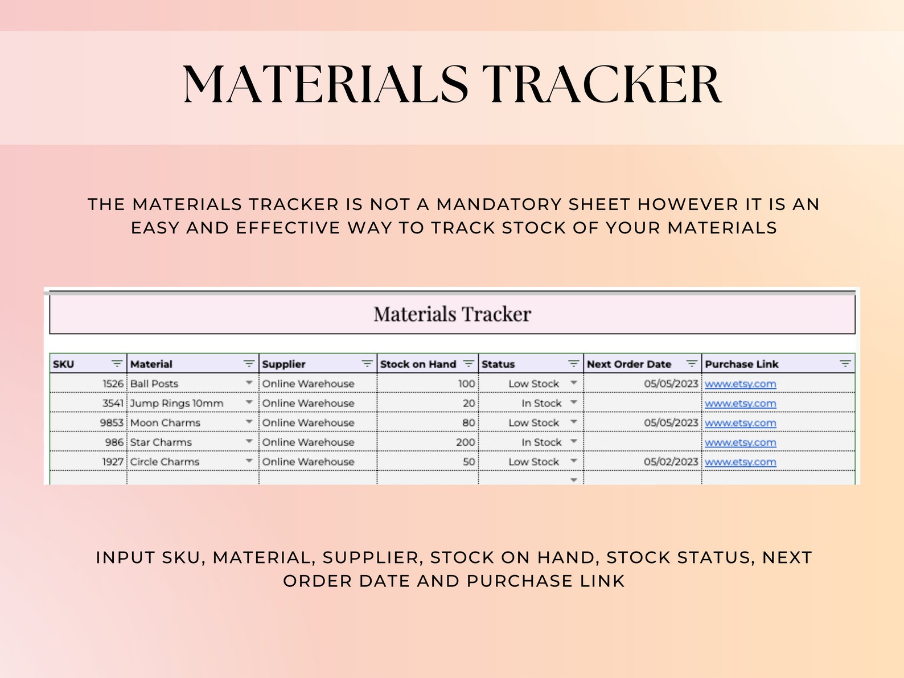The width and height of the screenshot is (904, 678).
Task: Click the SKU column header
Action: point(64,364)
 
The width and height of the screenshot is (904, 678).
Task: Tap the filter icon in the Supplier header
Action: point(367,364)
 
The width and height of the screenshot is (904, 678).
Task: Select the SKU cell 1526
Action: point(113,384)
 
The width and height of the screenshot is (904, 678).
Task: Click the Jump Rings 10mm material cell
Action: point(176,403)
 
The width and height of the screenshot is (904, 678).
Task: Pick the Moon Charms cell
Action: point(165,423)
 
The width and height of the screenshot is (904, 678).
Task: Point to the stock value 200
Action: point(465,442)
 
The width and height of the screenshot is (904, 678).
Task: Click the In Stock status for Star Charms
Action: point(541,442)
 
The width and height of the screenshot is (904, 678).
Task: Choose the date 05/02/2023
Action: point(671,462)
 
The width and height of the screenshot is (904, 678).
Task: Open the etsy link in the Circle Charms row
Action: point(740,462)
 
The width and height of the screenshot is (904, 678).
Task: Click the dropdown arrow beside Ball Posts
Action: point(249,383)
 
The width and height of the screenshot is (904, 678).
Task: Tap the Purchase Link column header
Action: point(741,364)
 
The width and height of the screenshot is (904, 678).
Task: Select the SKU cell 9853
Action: point(112,423)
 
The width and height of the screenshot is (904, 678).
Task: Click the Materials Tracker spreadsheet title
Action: point(452,314)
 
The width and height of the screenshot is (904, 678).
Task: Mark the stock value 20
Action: point(469,403)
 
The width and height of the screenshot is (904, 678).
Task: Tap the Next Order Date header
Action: point(628,364)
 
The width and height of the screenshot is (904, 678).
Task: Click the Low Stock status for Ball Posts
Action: point(533,384)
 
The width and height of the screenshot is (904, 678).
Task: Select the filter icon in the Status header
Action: point(573,364)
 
